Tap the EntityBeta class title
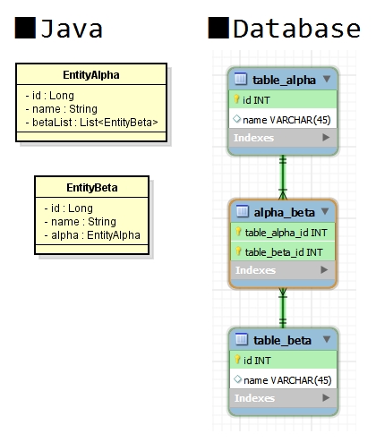(x=92, y=188)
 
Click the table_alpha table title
(x=284, y=80)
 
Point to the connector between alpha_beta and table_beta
(x=284, y=307)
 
